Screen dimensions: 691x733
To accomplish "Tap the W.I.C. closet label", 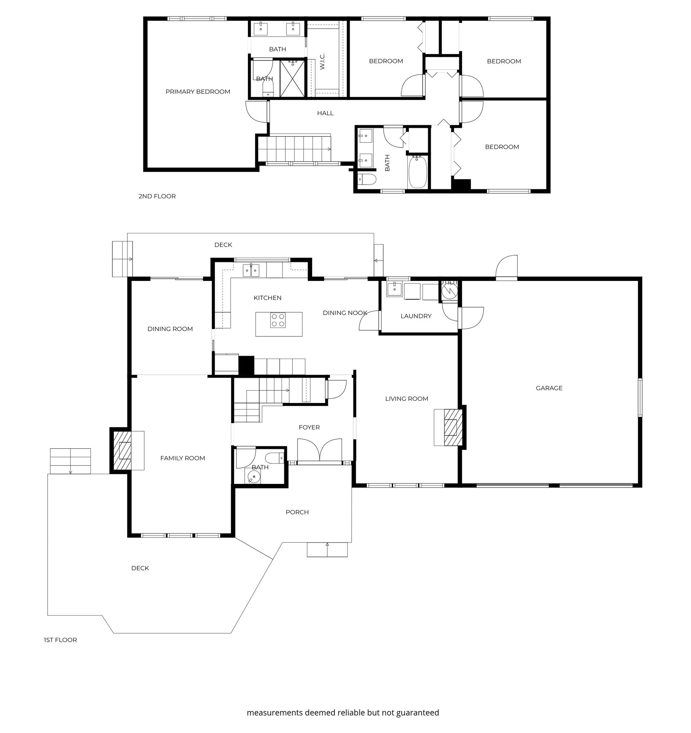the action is [x=323, y=62].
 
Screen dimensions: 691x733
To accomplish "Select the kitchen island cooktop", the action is [x=278, y=320].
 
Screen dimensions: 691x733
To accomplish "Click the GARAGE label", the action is [x=549, y=388].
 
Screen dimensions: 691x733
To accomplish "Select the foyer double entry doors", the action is [x=319, y=450].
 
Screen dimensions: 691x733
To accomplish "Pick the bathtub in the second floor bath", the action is [x=417, y=172].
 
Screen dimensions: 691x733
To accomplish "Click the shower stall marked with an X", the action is [x=293, y=79].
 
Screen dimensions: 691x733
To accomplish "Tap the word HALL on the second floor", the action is [x=325, y=113].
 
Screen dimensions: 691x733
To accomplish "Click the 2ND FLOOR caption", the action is [x=157, y=196].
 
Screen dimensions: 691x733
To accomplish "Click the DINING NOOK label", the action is [x=345, y=313].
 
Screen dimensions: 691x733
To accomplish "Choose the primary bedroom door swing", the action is [x=256, y=111].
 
